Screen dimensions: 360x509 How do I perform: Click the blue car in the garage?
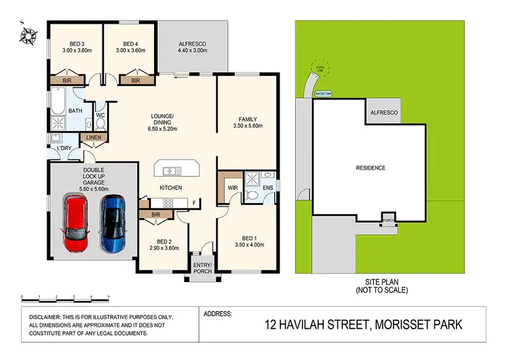113,222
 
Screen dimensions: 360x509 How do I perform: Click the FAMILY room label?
246,119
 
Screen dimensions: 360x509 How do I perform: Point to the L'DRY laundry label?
64,148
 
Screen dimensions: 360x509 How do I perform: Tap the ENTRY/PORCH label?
202,268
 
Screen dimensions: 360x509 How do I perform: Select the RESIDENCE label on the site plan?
371,168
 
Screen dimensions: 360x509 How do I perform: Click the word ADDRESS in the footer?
218,314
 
